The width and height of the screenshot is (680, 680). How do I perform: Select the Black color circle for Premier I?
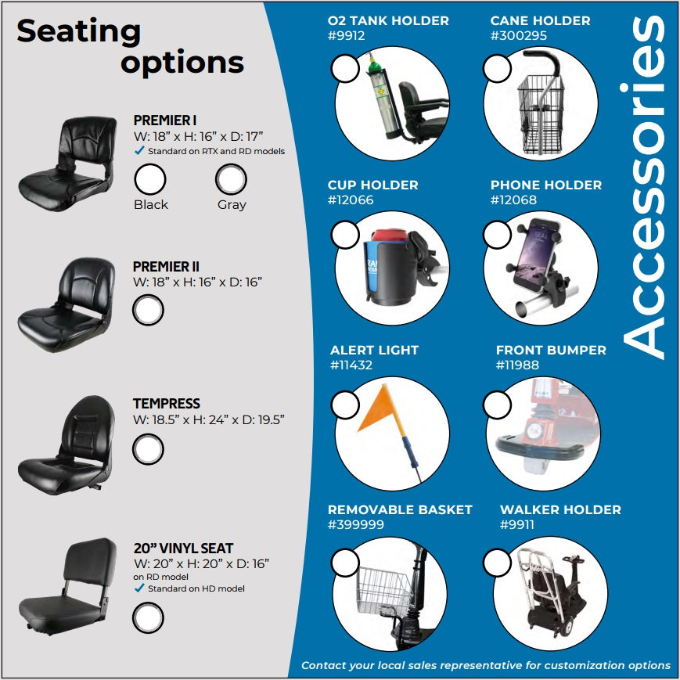(150, 179)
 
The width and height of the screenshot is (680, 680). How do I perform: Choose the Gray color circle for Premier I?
(231, 179)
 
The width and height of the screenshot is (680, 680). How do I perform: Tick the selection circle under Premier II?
(148, 310)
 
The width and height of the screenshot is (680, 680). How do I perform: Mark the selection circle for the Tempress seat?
(148, 449)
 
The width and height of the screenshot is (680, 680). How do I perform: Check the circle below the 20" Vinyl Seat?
(148, 617)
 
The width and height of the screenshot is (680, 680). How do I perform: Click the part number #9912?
(347, 35)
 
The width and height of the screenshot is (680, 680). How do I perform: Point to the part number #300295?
(519, 35)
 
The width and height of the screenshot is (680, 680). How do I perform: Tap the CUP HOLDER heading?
(373, 185)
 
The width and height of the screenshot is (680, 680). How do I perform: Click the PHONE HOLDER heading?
(546, 185)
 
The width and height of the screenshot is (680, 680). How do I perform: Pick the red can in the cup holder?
(390, 235)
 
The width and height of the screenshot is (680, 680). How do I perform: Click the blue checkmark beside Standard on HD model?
(139, 588)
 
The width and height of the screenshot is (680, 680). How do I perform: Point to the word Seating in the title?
(78, 31)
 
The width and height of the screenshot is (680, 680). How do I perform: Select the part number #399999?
(355, 525)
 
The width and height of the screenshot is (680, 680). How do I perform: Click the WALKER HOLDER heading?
(560, 509)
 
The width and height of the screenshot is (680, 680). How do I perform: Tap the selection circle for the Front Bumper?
(497, 405)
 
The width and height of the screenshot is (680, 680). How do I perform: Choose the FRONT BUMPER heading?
(551, 350)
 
